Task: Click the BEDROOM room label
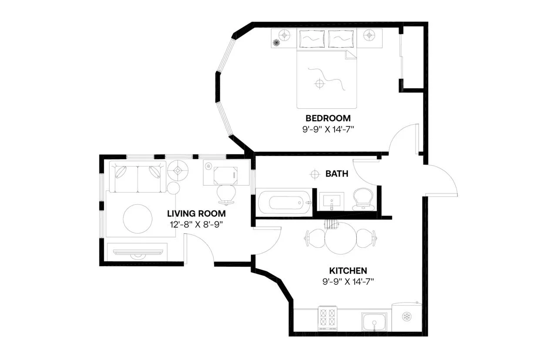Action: pos(328,118)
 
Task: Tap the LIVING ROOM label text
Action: pos(197,213)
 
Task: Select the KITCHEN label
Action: pos(348,270)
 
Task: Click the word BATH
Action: pos(337,174)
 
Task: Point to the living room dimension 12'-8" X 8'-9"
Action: pos(197,224)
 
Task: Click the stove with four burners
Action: pos(328,317)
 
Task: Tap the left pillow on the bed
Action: pos(312,39)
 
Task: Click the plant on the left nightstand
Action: pos(276,43)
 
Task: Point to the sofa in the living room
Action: pos(138,177)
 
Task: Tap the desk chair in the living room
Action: pos(226,194)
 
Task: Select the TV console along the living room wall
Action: pos(137,252)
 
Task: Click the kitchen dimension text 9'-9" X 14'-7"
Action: pos(348,281)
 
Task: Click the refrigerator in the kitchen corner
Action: pos(406,317)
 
